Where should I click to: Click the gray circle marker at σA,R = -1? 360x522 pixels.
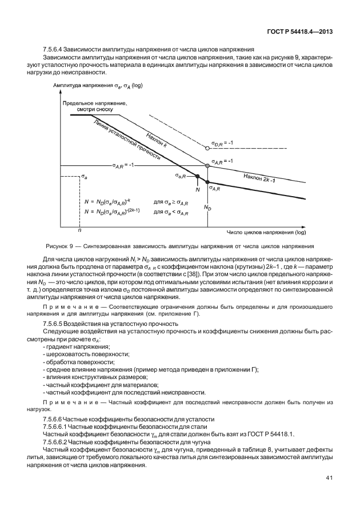207,165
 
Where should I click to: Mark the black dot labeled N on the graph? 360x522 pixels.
198,177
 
